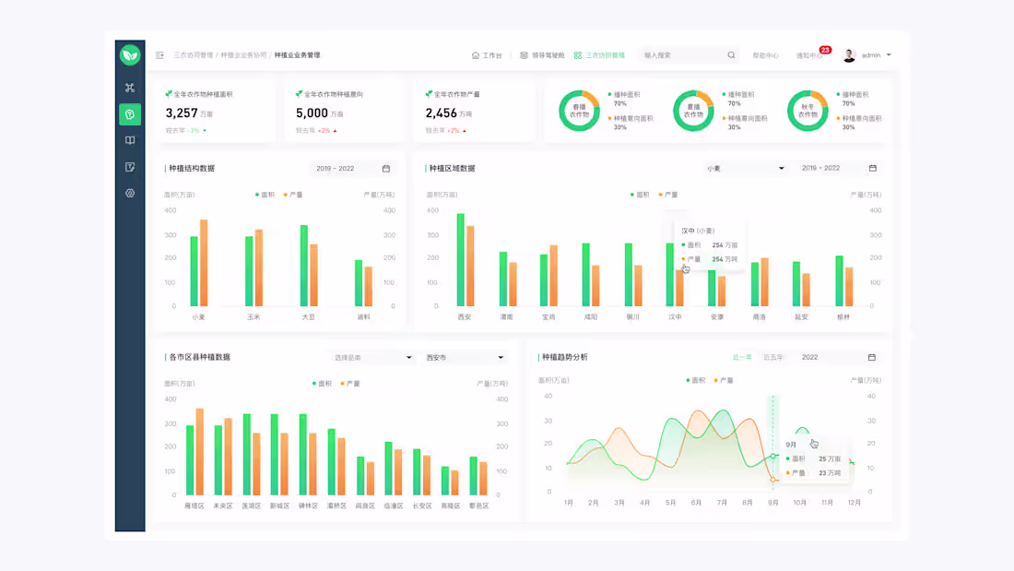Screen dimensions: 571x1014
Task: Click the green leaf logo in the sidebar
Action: click(130, 55)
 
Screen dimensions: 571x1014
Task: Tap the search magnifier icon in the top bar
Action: click(731, 55)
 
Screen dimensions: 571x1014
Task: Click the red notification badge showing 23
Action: click(825, 50)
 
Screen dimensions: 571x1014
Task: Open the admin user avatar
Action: click(849, 55)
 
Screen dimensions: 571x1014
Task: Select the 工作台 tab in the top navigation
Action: click(488, 55)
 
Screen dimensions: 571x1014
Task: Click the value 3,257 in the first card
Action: click(182, 113)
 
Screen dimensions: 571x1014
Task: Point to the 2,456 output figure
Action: click(441, 113)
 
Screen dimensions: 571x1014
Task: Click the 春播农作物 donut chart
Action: click(579, 111)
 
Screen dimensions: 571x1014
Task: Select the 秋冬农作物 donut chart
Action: click(808, 111)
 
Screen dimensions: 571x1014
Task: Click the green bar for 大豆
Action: click(304, 266)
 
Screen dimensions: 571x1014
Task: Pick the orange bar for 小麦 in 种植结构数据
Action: click(204, 263)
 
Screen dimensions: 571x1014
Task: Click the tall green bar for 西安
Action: click(460, 260)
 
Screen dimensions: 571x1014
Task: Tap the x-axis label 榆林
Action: click(843, 317)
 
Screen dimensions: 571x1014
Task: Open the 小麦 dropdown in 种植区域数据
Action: click(744, 169)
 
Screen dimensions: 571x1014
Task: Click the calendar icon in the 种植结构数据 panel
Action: click(386, 169)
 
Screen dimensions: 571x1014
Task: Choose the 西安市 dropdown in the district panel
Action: click(465, 358)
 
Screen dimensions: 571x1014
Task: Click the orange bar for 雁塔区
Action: click(200, 452)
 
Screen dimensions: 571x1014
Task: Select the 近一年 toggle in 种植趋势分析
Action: click(742, 358)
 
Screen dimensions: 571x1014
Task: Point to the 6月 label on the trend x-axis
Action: click(696, 503)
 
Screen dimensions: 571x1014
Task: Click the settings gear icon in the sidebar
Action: click(130, 194)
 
